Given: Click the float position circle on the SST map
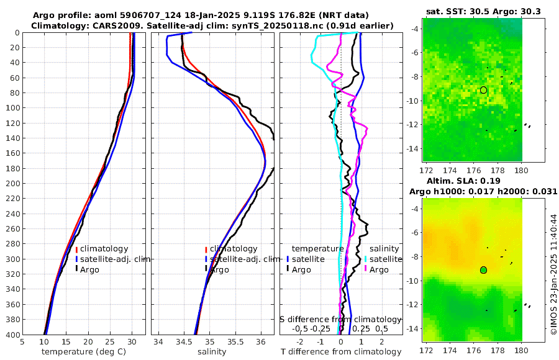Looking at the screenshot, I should [483, 90].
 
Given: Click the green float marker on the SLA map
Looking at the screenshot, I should [483, 269].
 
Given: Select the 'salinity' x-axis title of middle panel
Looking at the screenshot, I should [212, 352].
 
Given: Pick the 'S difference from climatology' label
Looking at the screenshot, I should [341, 319].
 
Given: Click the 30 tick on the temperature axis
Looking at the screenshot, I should [132, 341].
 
